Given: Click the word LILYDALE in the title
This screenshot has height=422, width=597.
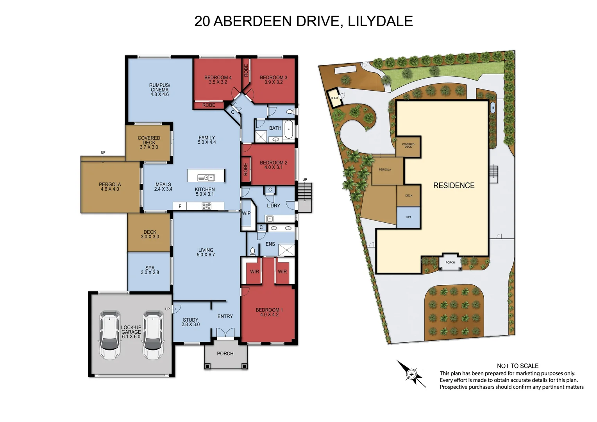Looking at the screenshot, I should (380, 21).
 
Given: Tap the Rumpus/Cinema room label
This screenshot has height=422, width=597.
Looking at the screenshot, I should (159, 89).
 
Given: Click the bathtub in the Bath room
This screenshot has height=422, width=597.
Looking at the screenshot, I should (289, 129).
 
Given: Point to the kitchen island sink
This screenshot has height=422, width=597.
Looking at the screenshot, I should (206, 178).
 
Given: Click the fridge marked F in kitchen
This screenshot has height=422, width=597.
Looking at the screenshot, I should (180, 206).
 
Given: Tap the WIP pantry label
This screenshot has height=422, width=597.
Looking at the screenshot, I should (246, 213).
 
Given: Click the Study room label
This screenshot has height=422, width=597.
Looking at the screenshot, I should (191, 322).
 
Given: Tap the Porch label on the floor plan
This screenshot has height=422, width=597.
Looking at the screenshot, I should (225, 354).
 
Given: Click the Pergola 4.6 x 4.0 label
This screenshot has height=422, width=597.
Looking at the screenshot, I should (110, 187).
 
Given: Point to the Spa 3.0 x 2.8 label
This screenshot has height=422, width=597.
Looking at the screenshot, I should (150, 270).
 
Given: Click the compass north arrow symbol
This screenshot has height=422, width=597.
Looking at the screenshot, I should (411, 374).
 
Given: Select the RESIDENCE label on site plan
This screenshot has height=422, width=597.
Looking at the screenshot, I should (454, 186).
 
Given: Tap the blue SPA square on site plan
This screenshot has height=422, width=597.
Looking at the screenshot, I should (408, 217).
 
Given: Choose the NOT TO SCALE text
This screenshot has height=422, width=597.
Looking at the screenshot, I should (517, 366).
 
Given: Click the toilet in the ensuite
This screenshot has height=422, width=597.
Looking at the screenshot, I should (252, 251).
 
